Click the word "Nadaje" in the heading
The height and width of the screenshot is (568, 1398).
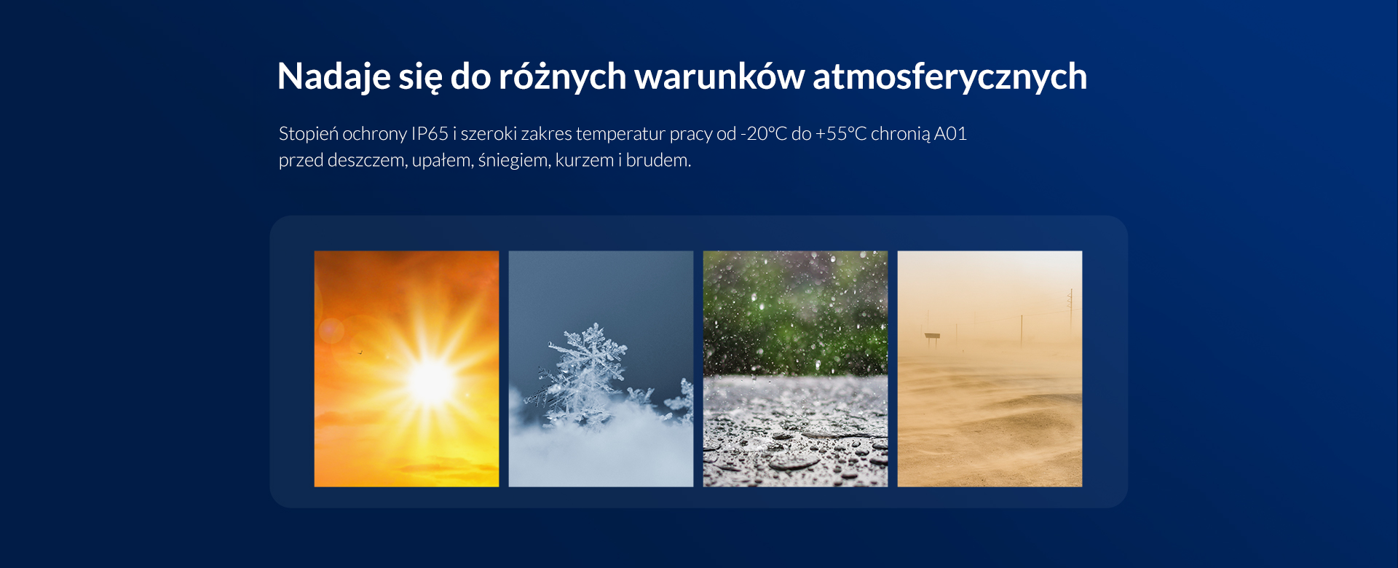333,77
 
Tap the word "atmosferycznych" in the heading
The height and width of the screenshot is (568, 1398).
949,77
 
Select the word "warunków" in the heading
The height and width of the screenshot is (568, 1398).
719,76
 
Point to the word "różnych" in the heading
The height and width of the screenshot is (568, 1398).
562,77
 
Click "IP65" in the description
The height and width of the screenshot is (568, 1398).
430,134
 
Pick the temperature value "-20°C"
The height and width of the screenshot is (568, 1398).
764,134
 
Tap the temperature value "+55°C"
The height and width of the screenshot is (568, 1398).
841,134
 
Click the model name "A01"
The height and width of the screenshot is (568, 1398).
950,134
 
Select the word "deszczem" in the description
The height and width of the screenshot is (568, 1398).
367,160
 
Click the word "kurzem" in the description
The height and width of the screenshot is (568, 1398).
584,160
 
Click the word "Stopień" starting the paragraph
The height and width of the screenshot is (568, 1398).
308,135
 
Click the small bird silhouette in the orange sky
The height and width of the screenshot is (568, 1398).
360,352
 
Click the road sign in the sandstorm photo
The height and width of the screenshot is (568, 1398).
932,337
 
